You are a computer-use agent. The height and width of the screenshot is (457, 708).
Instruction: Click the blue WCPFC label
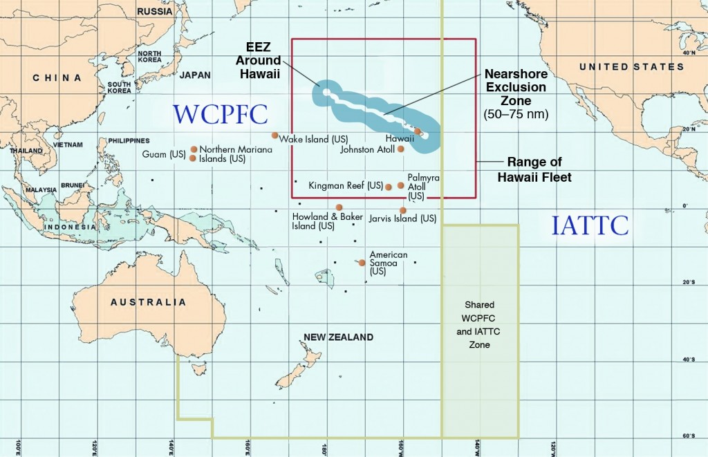(x=210, y=115)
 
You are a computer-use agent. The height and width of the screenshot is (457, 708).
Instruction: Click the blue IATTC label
(x=590, y=225)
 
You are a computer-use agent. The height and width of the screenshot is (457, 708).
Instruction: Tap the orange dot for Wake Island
(x=274, y=136)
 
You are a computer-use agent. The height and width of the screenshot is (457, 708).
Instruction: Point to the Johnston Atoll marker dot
(x=401, y=149)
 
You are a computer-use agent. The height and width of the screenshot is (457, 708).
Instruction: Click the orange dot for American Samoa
(x=362, y=263)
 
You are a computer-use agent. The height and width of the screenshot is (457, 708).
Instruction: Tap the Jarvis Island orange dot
(x=403, y=210)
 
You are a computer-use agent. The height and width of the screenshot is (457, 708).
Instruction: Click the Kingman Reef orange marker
(x=389, y=187)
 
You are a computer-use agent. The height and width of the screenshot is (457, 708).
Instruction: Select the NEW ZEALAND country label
(x=338, y=337)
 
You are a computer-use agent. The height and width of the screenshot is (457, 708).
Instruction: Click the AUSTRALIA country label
(x=148, y=302)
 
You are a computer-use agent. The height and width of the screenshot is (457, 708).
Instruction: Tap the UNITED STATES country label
(x=631, y=67)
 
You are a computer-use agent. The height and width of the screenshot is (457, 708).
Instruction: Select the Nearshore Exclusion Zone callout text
(x=515, y=93)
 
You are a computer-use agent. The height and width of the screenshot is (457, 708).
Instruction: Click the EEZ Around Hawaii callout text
(x=262, y=61)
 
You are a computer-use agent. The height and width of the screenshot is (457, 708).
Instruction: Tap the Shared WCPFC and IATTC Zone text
(x=479, y=324)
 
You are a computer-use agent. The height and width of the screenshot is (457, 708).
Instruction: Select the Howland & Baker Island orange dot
(x=339, y=207)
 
